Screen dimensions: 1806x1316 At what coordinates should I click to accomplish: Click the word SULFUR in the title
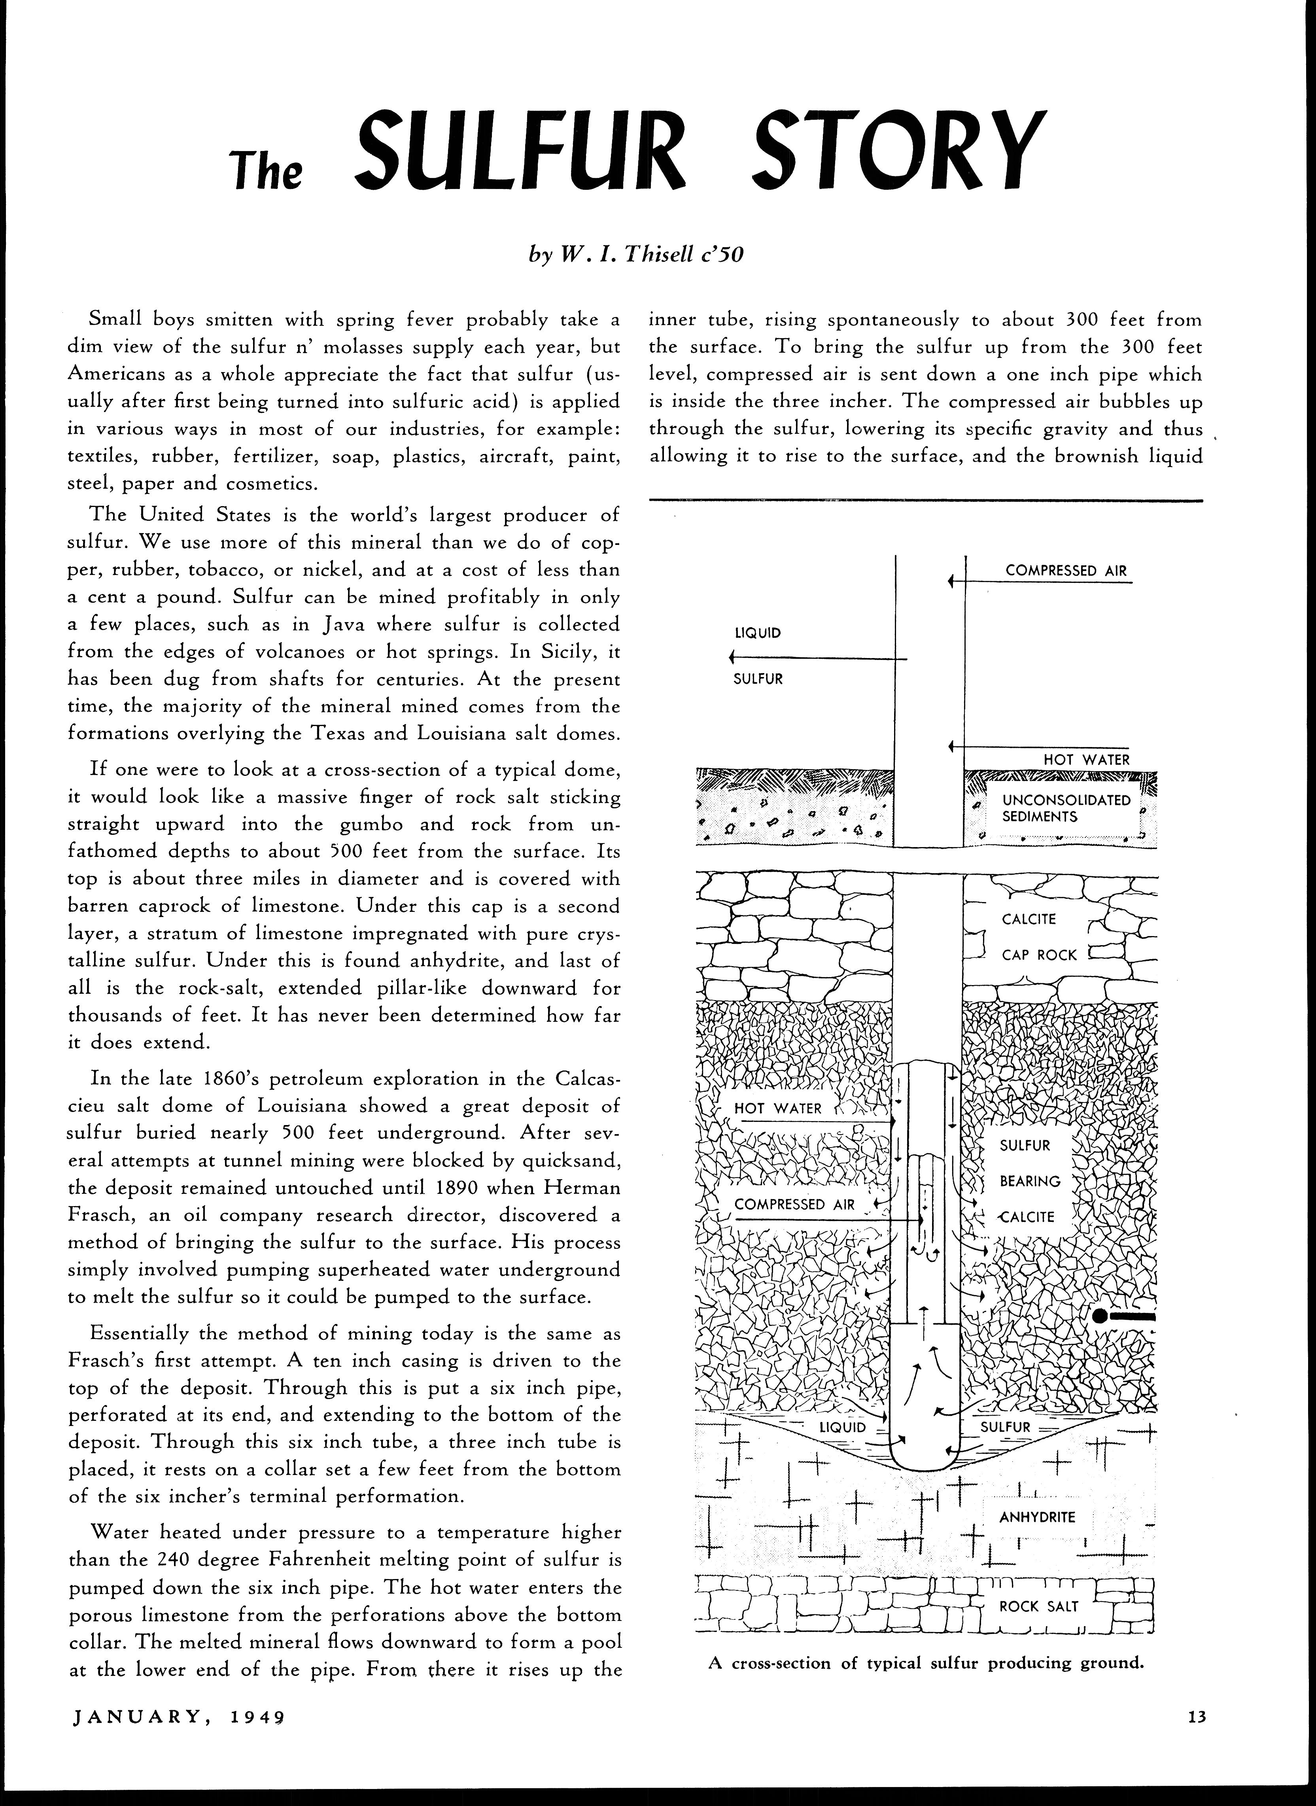522,150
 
